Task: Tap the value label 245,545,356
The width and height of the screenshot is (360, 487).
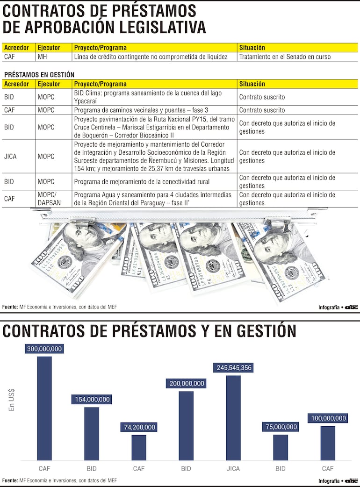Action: tap(234, 368)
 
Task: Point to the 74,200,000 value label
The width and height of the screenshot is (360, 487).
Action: tap(138, 427)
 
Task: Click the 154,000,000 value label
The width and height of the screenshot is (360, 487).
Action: tap(92, 400)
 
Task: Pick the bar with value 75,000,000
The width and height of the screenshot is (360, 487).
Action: tap(281, 447)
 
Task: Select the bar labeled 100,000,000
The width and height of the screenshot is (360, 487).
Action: tap(328, 443)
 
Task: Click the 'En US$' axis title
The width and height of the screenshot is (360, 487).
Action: tap(12, 400)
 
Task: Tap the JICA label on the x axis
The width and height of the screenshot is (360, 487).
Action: tap(233, 468)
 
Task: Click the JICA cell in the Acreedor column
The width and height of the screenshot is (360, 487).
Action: tap(10, 157)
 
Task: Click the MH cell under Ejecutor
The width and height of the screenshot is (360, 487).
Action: tap(42, 57)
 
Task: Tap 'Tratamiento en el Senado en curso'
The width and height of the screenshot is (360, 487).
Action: tap(285, 57)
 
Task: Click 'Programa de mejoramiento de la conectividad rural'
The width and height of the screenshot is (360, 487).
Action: tap(142, 182)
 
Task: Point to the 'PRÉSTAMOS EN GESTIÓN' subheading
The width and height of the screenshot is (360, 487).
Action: tap(39, 75)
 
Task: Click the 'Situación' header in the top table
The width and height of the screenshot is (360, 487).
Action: tap(252, 48)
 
